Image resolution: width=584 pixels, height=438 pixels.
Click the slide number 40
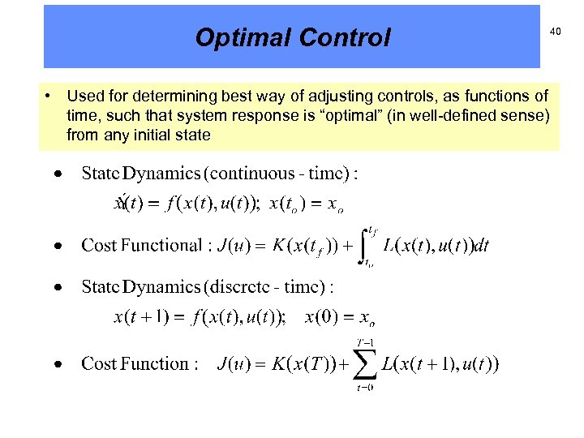[x=556, y=31]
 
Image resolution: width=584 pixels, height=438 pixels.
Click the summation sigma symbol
[x=365, y=364]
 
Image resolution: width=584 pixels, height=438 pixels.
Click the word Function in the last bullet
[x=159, y=363]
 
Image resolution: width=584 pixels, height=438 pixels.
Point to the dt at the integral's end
[x=481, y=245]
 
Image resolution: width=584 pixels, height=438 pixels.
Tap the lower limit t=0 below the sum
[x=365, y=387]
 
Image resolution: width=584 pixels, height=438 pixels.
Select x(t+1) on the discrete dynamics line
[x=140, y=317]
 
